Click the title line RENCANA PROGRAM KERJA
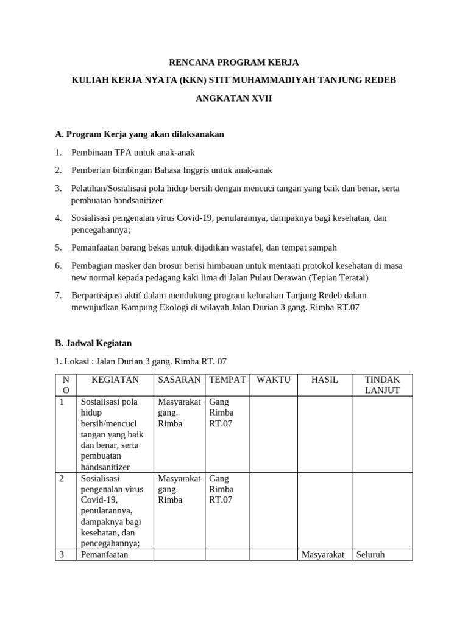(x=234, y=63)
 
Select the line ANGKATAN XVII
(x=234, y=98)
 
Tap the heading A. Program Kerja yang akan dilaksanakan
(x=140, y=134)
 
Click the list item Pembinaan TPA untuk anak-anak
(x=133, y=152)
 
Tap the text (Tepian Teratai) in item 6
(x=339, y=277)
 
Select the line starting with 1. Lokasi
(x=141, y=361)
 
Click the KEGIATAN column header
(x=115, y=380)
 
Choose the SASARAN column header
(x=179, y=380)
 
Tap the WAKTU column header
(x=274, y=380)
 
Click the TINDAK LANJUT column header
(x=381, y=385)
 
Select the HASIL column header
(x=324, y=380)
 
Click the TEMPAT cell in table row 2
(x=221, y=489)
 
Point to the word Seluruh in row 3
(x=370, y=555)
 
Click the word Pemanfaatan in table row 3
(x=104, y=555)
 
